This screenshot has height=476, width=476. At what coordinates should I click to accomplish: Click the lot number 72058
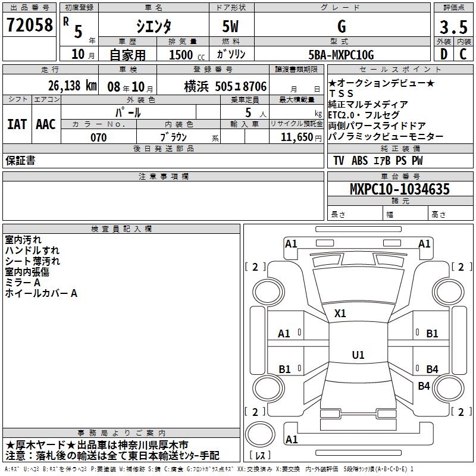pos(29,26)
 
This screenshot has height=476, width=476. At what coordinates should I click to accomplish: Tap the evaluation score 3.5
pos(453,27)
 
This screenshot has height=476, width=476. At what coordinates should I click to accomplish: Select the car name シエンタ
pos(154,26)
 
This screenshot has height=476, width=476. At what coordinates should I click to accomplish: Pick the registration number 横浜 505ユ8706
pos(226,86)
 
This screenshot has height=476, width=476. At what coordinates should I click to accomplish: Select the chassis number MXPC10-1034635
pos(399,189)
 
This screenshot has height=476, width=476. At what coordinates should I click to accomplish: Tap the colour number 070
pos(98,137)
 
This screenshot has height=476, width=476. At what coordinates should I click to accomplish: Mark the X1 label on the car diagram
pos(340,313)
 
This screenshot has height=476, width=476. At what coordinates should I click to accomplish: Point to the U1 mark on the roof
pos(358,355)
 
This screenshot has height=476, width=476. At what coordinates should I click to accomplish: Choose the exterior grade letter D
pos(443,55)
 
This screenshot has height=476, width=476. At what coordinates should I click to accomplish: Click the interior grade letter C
pos(463,55)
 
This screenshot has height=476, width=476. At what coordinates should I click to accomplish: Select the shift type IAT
pos(17,124)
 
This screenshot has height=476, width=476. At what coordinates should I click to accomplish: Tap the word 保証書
pos(20,160)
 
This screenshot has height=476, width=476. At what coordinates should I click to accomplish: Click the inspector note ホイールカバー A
pos(41,293)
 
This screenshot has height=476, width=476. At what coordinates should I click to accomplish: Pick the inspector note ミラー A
pos(23,283)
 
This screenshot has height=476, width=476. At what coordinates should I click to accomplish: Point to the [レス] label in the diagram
pos(261,456)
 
